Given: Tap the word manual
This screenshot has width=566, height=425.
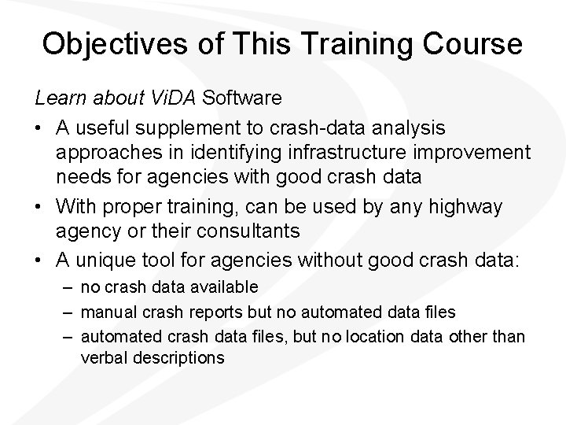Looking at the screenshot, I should (105, 312).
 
